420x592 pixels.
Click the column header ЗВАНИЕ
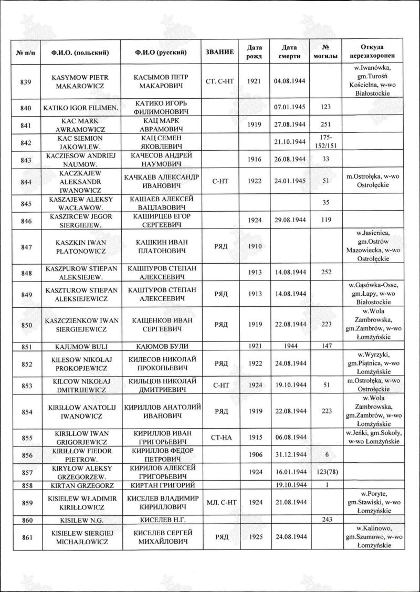219,53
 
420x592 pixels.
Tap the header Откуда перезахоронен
375,53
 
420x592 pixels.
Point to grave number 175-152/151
327,142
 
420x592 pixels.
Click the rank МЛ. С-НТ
219,502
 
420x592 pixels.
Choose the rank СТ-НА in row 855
219,437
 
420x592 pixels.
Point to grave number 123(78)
327,472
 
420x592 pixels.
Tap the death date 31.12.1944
289,455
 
